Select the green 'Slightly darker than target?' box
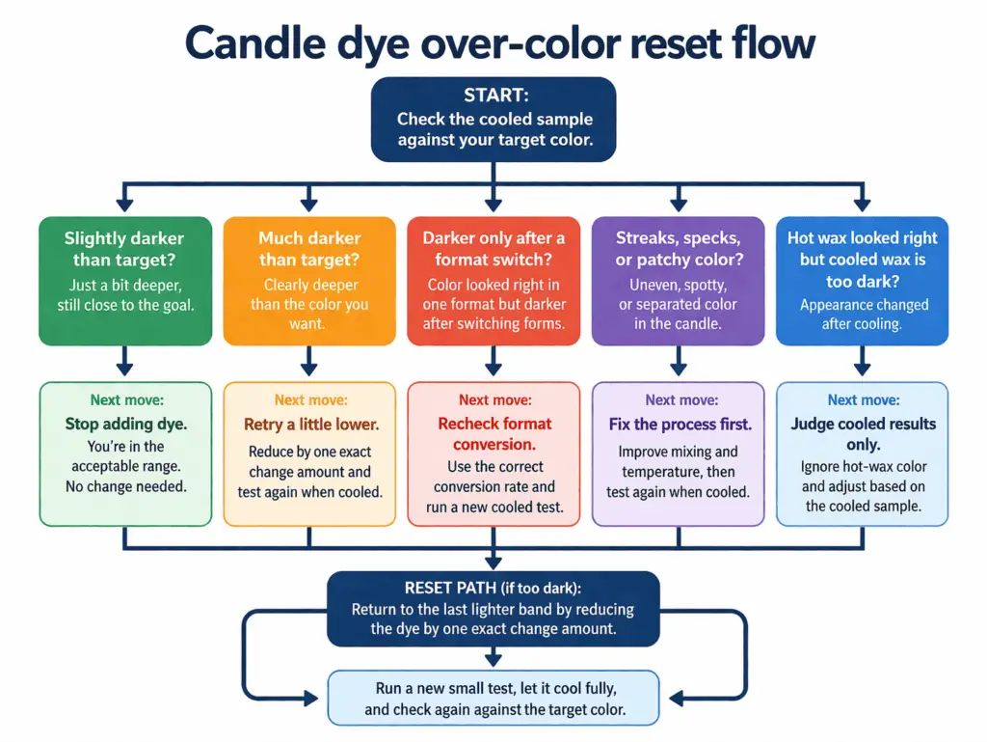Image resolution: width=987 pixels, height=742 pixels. pos(124,280)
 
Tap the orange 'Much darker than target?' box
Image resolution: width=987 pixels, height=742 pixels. pos(308,280)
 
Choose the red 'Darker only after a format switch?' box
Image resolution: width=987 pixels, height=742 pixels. pos(493,280)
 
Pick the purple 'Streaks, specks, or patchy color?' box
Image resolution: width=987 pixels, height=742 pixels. pos(678,280)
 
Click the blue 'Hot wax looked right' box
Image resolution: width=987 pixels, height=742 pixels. pos(862,280)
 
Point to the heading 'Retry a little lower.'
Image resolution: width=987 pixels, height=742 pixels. pos(309,424)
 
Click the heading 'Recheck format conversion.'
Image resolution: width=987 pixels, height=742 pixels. pos(493,433)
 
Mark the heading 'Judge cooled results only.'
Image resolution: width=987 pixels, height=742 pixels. pos(863,433)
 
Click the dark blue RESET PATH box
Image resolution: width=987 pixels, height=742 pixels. pos(493,609)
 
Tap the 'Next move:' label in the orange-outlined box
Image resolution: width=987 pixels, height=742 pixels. pos(308,399)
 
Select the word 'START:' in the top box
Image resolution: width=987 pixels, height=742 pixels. pos(493,96)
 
